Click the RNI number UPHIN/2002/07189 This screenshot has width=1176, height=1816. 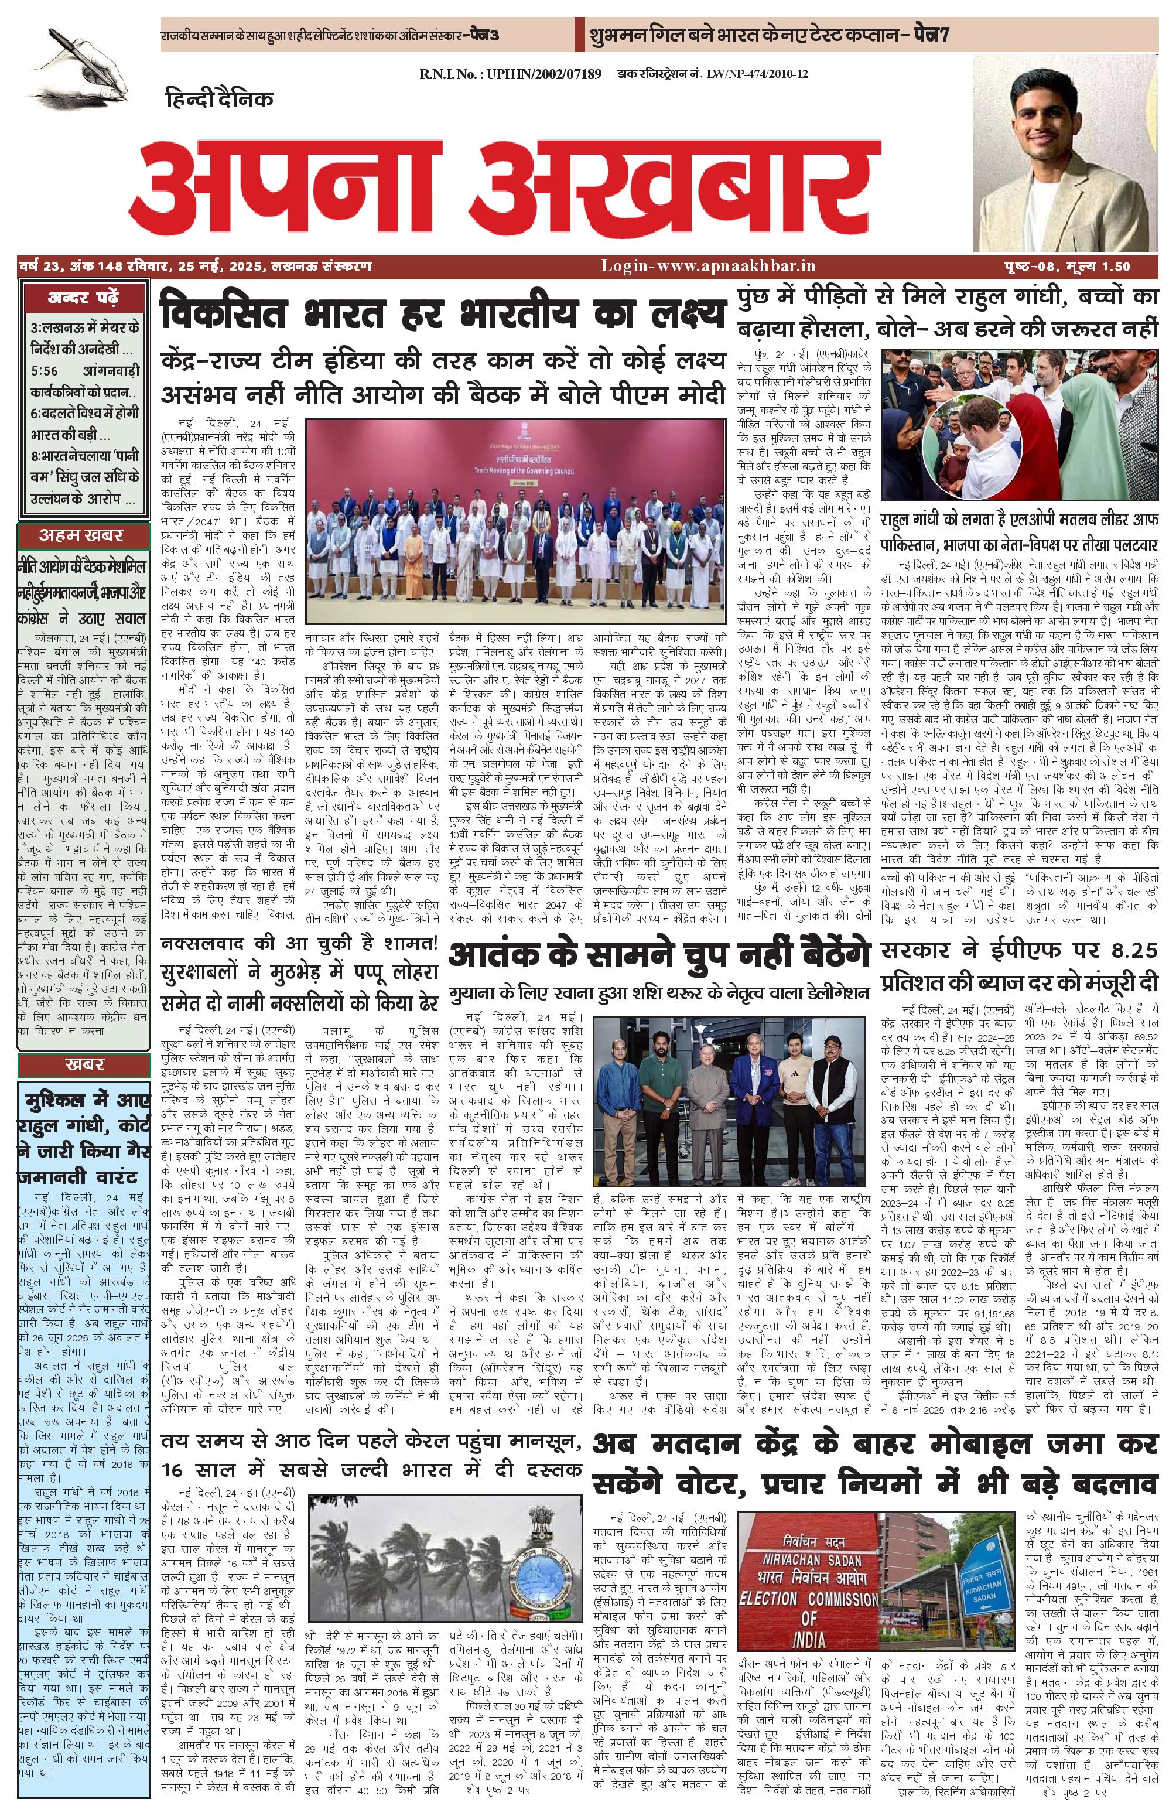[510, 74]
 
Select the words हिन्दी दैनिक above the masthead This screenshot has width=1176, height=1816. [219, 99]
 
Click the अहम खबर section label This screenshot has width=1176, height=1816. [81, 535]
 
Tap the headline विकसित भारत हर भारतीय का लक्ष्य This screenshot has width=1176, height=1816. [442, 313]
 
